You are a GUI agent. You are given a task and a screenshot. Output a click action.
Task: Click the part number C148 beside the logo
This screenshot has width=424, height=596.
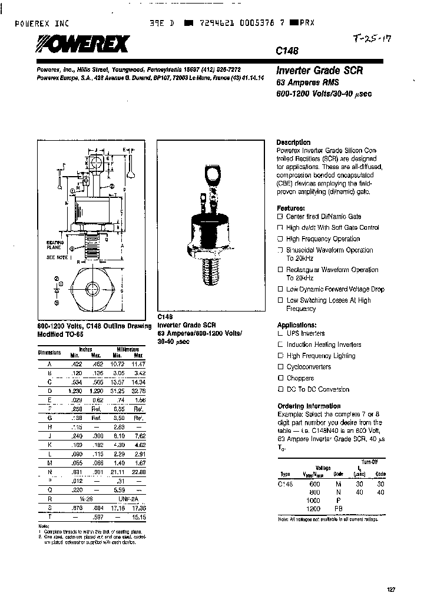[286, 51]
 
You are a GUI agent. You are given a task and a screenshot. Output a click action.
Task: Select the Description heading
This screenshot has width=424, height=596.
[293, 143]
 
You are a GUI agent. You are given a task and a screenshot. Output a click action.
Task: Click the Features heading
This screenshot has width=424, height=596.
[290, 208]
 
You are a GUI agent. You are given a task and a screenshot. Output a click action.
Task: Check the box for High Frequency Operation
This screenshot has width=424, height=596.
[280, 239]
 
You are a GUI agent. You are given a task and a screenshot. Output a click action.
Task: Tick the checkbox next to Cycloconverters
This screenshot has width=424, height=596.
[280, 367]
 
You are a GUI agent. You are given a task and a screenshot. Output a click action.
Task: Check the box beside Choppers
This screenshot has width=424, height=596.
[280, 378]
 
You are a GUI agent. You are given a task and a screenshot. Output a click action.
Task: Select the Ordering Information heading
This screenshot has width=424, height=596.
[309, 406]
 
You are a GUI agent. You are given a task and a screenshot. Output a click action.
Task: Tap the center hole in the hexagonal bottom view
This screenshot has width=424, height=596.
[93, 289]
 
